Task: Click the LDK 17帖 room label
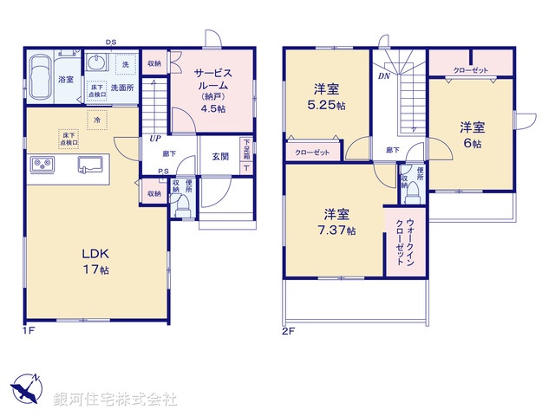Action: (95, 262)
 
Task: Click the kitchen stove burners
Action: (42, 165)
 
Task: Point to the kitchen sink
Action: (90, 165)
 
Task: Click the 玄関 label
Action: (219, 156)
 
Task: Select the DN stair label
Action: (382, 77)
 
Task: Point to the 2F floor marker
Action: (290, 330)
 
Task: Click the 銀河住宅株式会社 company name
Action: (114, 399)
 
